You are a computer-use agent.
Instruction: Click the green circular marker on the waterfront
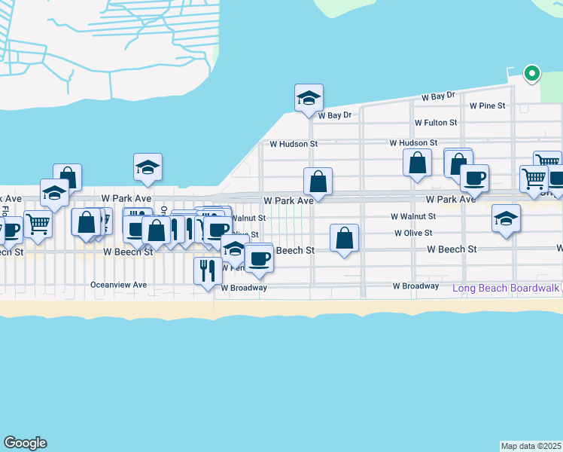[x=532, y=73]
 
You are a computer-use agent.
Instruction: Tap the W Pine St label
[x=487, y=106]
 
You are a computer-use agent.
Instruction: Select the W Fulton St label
[x=435, y=122]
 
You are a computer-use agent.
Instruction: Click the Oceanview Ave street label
[x=118, y=285]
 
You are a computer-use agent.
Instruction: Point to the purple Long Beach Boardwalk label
[x=506, y=288]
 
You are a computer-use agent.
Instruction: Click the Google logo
[x=25, y=443]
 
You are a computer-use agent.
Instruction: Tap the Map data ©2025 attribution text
[x=531, y=446]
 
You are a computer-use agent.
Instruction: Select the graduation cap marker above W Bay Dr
[x=308, y=98]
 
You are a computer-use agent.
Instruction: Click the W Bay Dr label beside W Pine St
[x=439, y=96]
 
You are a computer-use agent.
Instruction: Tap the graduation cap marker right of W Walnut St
[x=506, y=218]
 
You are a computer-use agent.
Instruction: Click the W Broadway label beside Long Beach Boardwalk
[x=415, y=286]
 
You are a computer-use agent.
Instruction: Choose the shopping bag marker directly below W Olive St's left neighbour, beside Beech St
[x=344, y=238]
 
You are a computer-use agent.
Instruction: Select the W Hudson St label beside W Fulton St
[x=413, y=142]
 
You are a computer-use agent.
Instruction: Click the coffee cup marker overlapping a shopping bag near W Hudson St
[x=474, y=179]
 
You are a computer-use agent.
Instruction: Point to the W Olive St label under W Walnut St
[x=413, y=234]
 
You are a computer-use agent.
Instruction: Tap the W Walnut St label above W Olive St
[x=413, y=216]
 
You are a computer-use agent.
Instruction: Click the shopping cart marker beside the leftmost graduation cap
[x=37, y=223]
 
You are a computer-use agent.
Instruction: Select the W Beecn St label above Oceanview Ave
[x=128, y=252]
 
